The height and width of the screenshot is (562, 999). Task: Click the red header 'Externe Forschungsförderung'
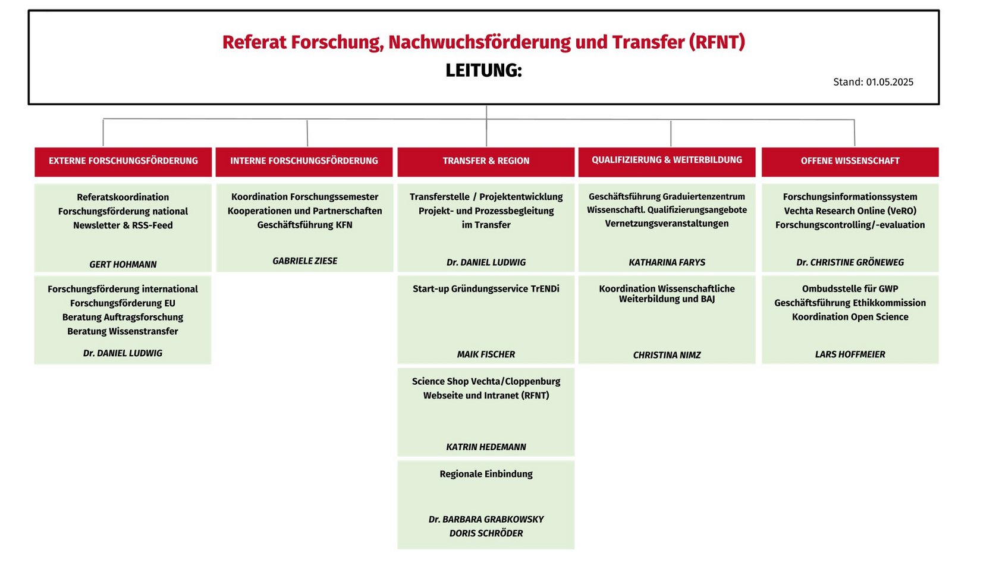click(x=123, y=162)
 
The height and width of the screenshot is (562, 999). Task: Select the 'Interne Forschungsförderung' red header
click(x=304, y=162)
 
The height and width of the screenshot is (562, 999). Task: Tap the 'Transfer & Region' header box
click(x=486, y=162)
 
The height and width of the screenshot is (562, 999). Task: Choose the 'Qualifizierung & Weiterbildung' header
click(x=667, y=162)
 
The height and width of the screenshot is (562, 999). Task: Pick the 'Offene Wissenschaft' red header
click(x=850, y=162)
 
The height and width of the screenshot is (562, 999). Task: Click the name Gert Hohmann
click(x=123, y=265)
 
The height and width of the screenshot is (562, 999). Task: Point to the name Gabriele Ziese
click(x=305, y=261)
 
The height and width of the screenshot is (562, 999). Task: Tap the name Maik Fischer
click(x=486, y=354)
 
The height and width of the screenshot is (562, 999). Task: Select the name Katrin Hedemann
click(x=486, y=447)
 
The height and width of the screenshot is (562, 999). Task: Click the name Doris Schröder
click(x=486, y=533)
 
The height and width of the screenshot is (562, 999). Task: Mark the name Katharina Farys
click(x=667, y=263)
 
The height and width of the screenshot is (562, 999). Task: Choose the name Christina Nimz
click(x=667, y=356)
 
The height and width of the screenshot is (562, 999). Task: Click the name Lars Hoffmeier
click(x=850, y=354)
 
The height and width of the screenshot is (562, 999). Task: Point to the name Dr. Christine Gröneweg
click(x=850, y=263)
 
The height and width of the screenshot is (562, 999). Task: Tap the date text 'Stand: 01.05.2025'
click(x=873, y=82)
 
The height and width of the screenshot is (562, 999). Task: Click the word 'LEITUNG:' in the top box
click(x=484, y=70)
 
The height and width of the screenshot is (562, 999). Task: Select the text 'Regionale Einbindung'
click(x=486, y=474)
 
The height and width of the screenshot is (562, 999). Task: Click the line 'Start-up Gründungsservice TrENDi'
click(x=486, y=289)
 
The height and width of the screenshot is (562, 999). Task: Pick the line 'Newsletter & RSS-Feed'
click(x=123, y=226)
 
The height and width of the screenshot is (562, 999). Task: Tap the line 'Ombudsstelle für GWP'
click(x=850, y=289)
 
